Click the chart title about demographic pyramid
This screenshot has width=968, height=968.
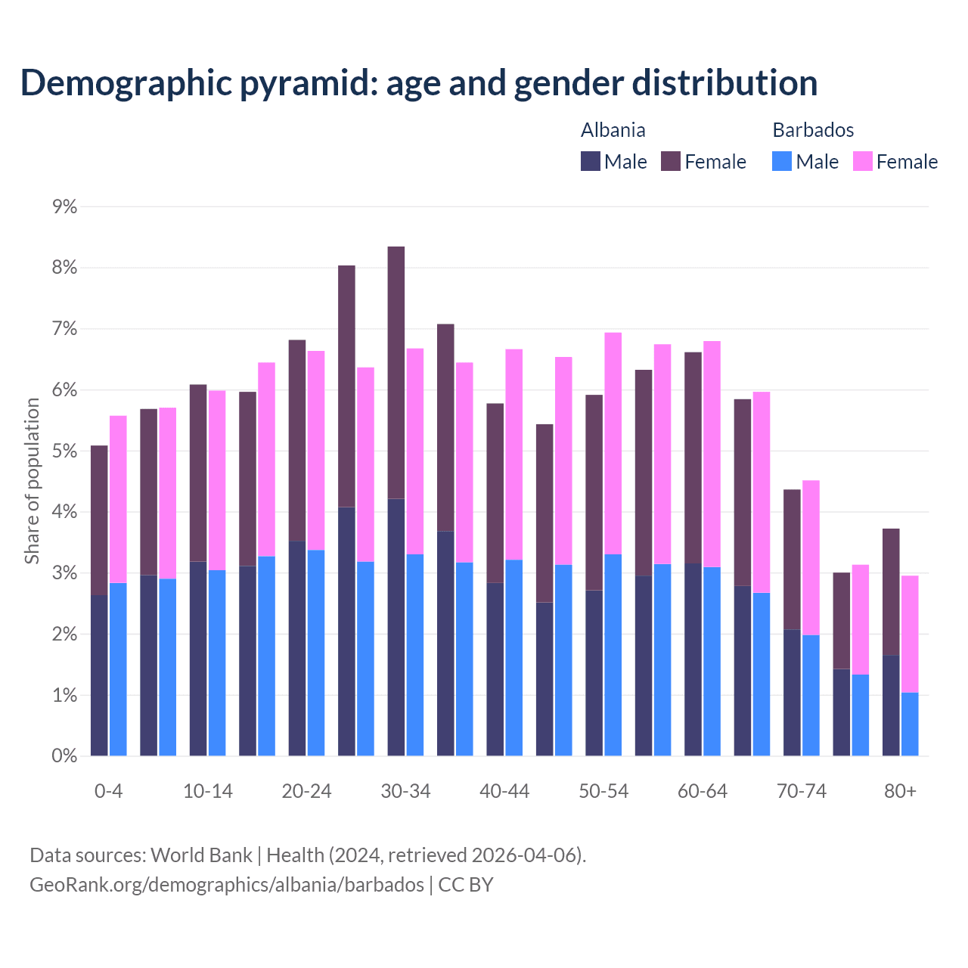(419, 82)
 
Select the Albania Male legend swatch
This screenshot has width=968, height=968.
(591, 161)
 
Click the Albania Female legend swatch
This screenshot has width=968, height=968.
(671, 161)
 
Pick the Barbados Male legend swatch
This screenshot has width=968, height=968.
(782, 161)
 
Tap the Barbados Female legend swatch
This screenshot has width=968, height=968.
(863, 161)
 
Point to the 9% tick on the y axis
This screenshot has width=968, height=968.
(65, 206)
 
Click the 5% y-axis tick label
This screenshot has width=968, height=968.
(65, 451)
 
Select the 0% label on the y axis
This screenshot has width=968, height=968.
(65, 756)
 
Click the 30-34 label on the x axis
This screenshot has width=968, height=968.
(405, 791)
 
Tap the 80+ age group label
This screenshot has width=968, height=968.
(900, 791)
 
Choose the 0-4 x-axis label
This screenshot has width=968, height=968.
(108, 791)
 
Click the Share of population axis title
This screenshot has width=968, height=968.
(32, 481)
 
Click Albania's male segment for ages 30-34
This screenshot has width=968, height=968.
(396, 627)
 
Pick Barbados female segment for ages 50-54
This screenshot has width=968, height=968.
(613, 443)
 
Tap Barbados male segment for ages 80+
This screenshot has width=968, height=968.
(910, 724)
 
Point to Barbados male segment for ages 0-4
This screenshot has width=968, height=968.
(118, 669)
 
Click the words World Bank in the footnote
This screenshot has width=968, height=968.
(201, 855)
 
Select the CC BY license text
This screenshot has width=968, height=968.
(466, 885)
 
